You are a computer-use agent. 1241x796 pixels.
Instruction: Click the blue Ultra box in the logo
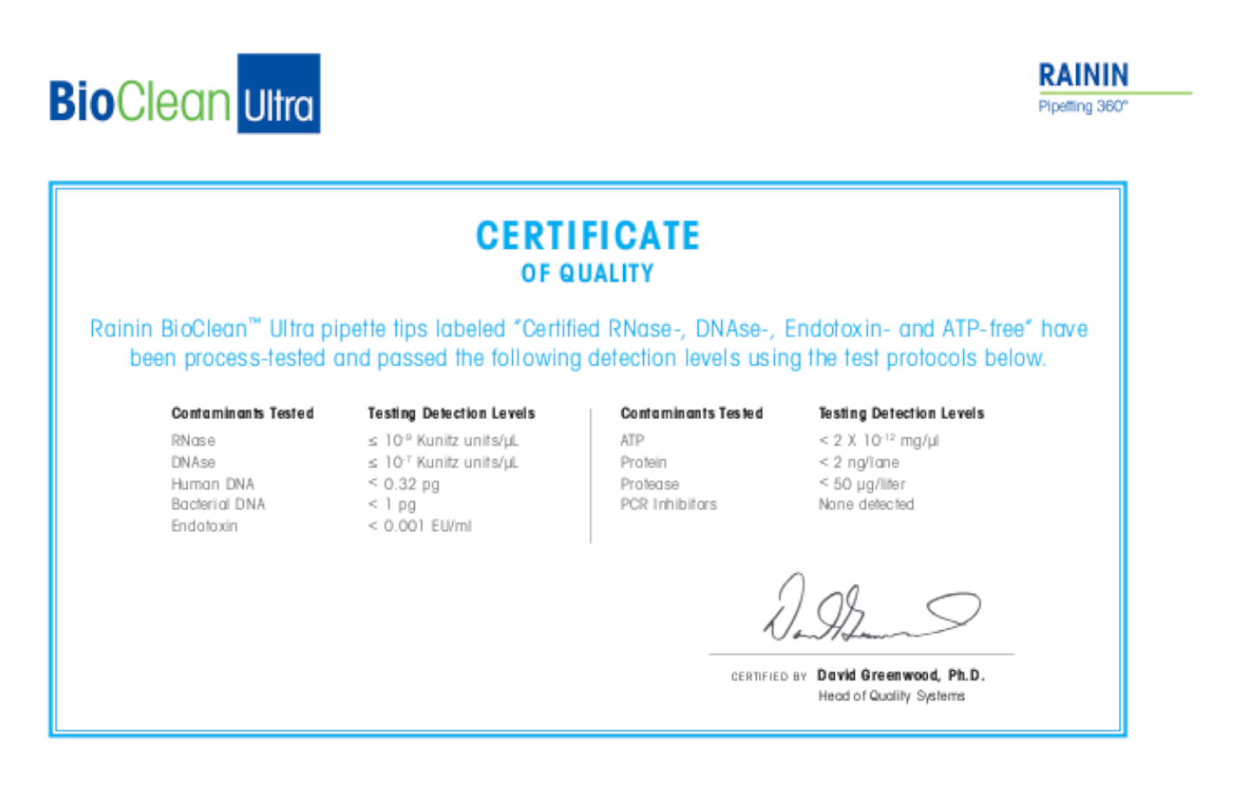coord(279,94)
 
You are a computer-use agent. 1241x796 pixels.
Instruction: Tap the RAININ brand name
coord(1083,76)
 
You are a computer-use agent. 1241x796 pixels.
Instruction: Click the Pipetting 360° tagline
coord(1082,107)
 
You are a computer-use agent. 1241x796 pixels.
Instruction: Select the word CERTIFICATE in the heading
coord(588,236)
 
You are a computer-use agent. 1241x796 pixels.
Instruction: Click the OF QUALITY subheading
coord(588,274)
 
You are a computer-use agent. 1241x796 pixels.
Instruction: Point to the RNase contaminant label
coord(193,441)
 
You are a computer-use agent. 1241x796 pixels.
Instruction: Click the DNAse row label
coord(193,463)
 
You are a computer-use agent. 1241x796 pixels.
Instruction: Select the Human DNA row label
coord(213,484)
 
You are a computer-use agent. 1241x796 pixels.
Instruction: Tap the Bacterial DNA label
coord(218,504)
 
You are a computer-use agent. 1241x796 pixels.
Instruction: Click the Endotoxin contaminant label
coord(204,526)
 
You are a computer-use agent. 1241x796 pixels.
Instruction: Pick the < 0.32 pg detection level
coord(404,484)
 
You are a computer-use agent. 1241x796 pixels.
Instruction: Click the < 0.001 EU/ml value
coord(420,526)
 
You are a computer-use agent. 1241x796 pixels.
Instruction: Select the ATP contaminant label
coord(632,441)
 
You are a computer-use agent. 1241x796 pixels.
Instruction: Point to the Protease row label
coord(649,484)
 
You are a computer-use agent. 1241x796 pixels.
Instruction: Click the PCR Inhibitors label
coord(668,504)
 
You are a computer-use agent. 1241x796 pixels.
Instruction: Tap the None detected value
coord(866,504)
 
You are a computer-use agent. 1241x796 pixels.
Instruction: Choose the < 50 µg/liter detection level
coord(862,484)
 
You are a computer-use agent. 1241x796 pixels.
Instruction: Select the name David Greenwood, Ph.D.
coord(901,675)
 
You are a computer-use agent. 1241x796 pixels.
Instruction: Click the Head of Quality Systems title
coord(891,696)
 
